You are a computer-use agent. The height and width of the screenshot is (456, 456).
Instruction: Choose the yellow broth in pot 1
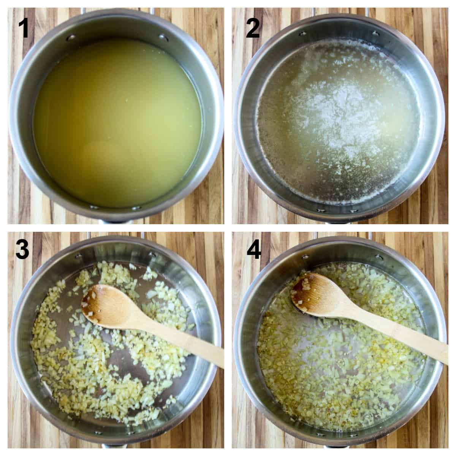(x=114, y=122)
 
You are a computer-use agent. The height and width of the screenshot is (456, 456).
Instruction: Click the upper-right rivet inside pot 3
(x=153, y=254)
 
